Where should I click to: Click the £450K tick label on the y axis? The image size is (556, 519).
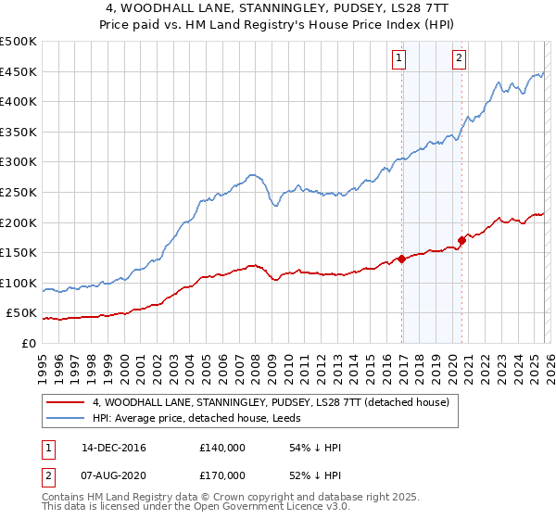click(x=19, y=72)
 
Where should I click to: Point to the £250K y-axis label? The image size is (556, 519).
click(x=19, y=193)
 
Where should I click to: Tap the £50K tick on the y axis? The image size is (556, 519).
click(x=22, y=313)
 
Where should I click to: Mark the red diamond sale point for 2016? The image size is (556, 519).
click(x=401, y=259)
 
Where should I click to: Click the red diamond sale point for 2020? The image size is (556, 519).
click(x=461, y=241)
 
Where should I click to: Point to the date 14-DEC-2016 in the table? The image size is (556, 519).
click(x=113, y=448)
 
